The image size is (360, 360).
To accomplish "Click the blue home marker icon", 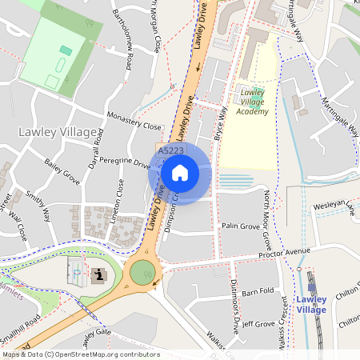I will pyautogui.click(x=180, y=173).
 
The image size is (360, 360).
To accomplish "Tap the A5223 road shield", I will pyautogui.click(x=170, y=150).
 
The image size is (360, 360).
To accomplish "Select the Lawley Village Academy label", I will pyautogui.click(x=254, y=102).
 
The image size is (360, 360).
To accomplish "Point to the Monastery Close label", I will pyautogui.click(x=134, y=120).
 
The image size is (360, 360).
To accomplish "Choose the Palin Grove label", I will pyautogui.click(x=241, y=227).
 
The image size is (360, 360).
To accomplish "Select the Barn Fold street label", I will pyautogui.click(x=258, y=291).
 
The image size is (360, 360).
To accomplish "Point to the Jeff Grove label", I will pyautogui.click(x=258, y=324).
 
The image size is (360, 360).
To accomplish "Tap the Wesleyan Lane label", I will pyautogui.click(x=334, y=207).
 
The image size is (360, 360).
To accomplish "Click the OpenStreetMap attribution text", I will pyautogui.click(x=80, y=354).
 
